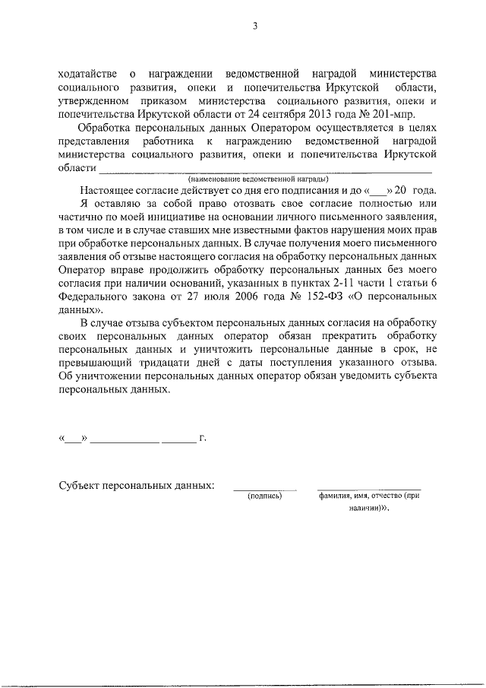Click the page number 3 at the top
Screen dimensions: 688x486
click(255, 27)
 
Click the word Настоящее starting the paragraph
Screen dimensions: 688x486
click(111, 189)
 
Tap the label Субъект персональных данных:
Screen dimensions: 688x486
click(136, 484)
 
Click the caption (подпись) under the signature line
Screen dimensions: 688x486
click(264, 496)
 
